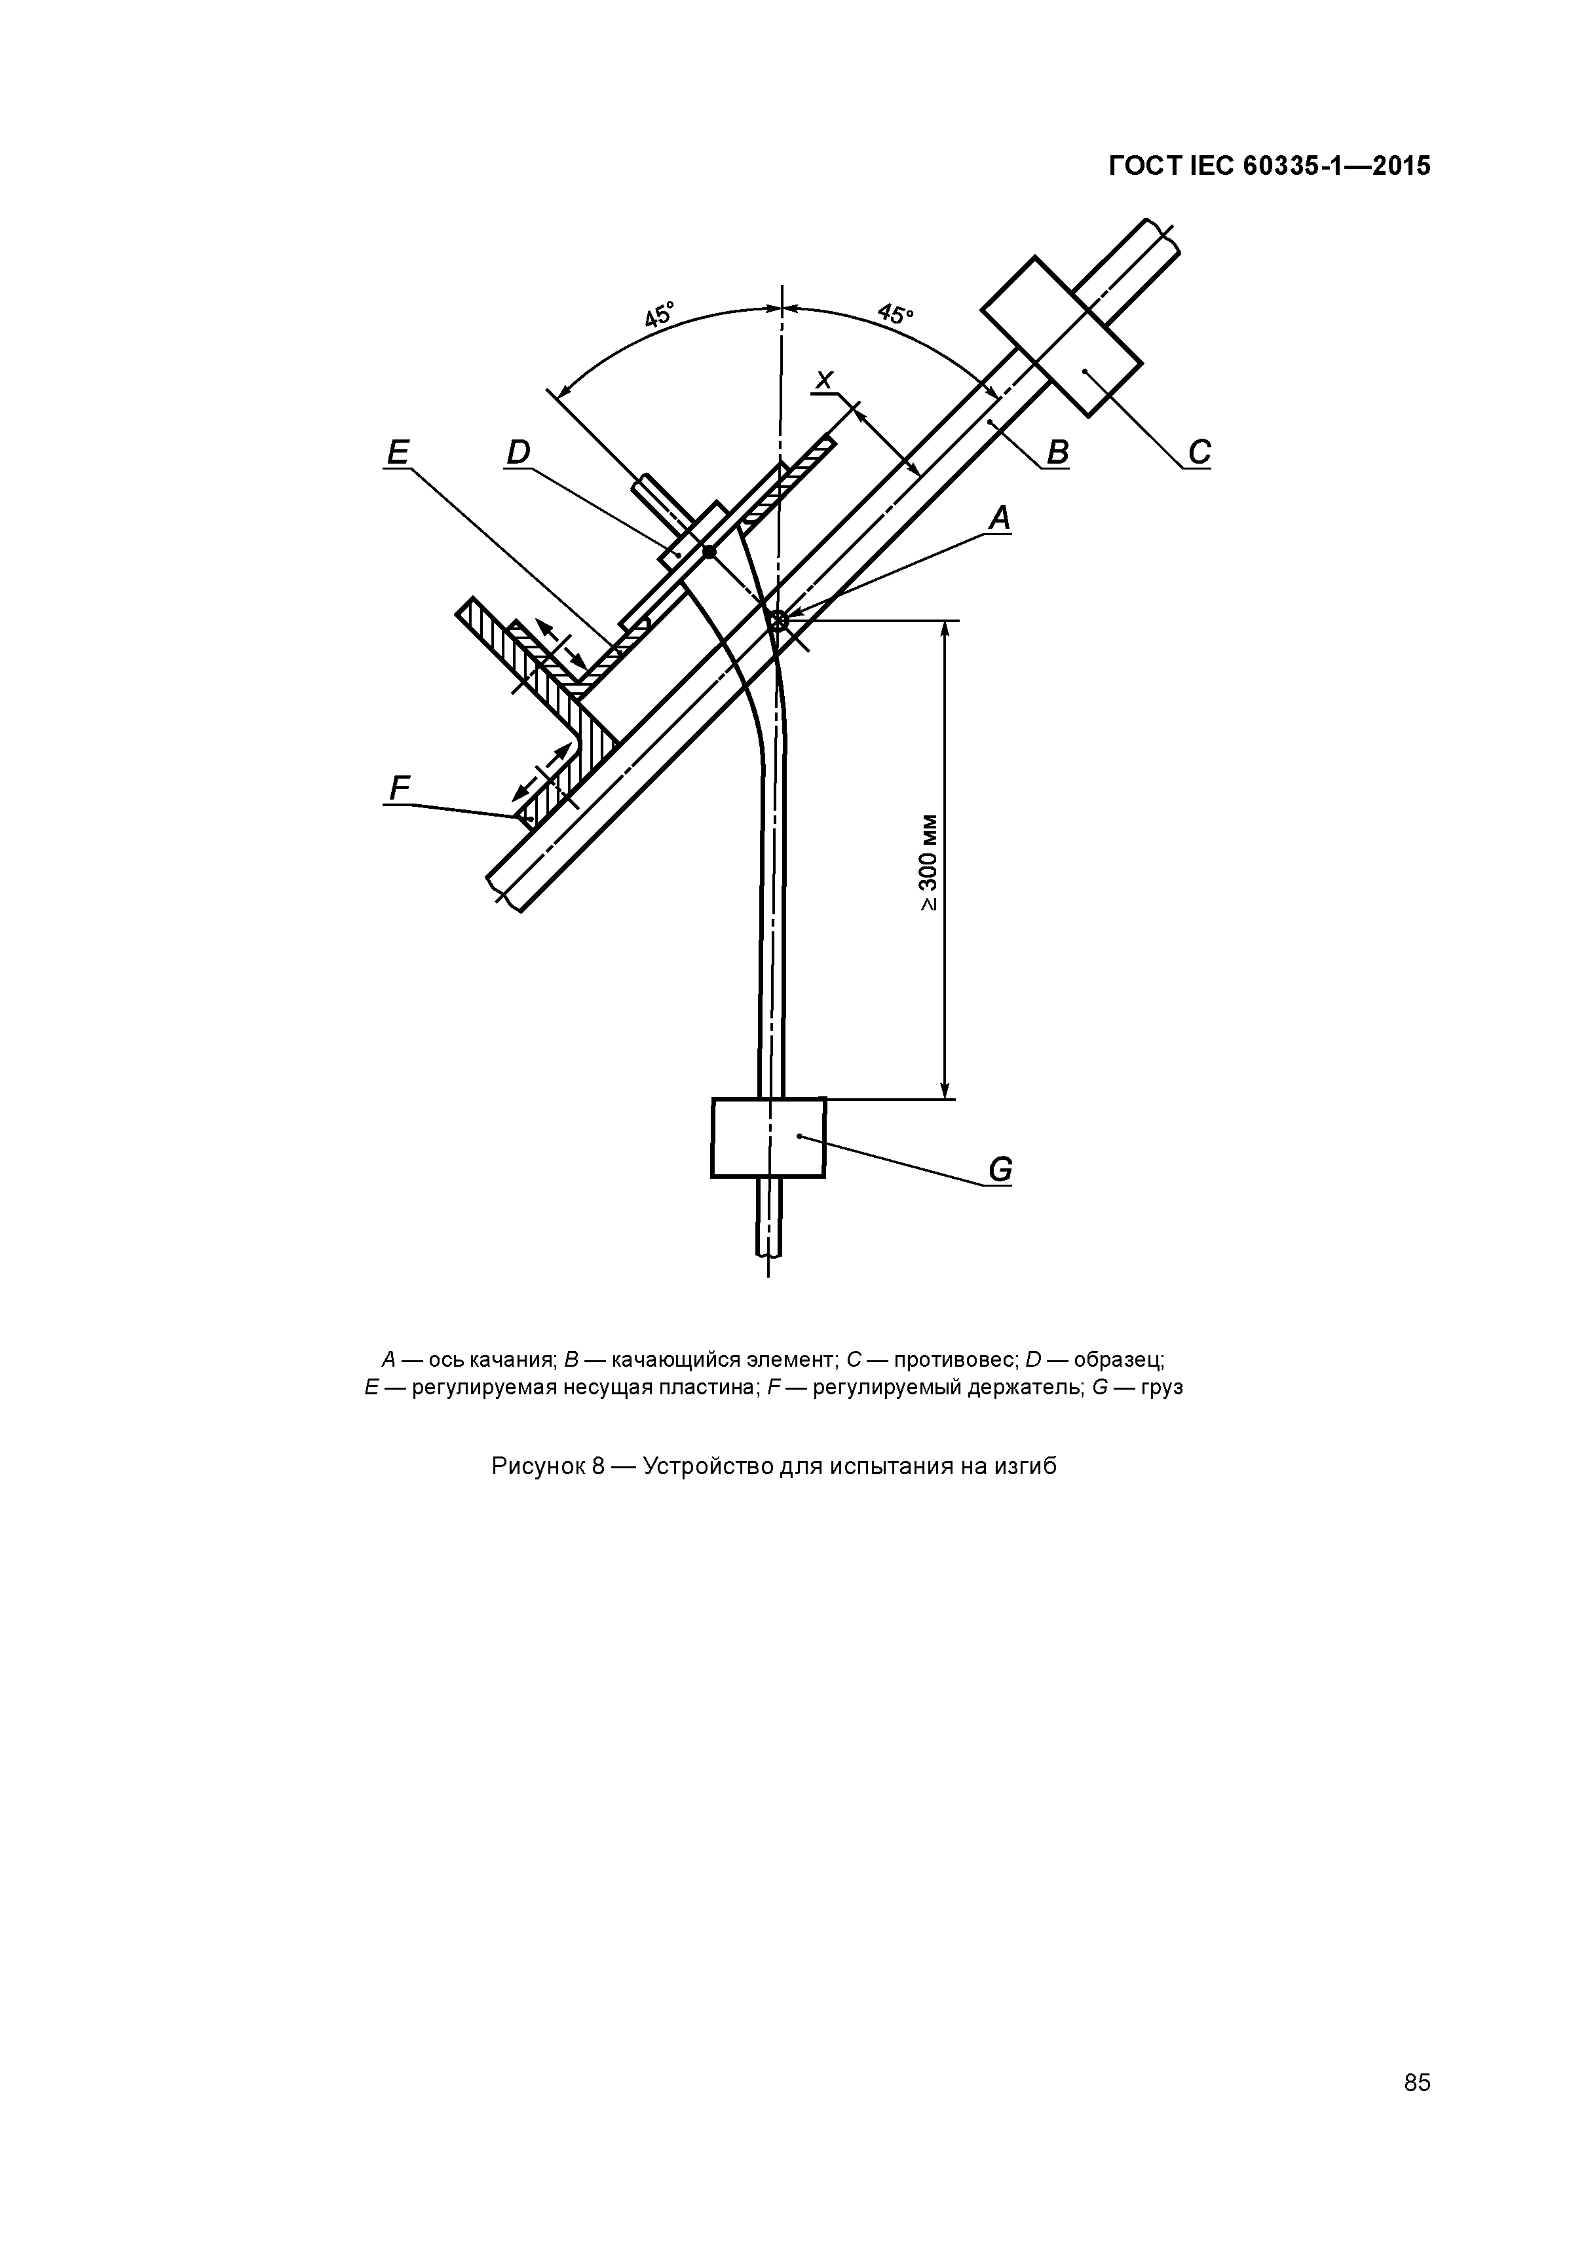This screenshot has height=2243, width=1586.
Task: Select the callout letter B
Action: [x=1057, y=453]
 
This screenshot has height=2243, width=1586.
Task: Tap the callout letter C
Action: [x=1199, y=453]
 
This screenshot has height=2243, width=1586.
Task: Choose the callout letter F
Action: [x=399, y=787]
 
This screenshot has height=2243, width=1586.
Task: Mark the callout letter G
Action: [x=1000, y=1170]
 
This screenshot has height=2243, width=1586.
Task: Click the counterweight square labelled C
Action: [x=1061, y=336]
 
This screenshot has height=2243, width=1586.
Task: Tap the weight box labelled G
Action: [x=768, y=1137]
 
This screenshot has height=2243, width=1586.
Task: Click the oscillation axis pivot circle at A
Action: [x=778, y=620]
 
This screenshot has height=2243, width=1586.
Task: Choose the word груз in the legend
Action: [x=1162, y=1386]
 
